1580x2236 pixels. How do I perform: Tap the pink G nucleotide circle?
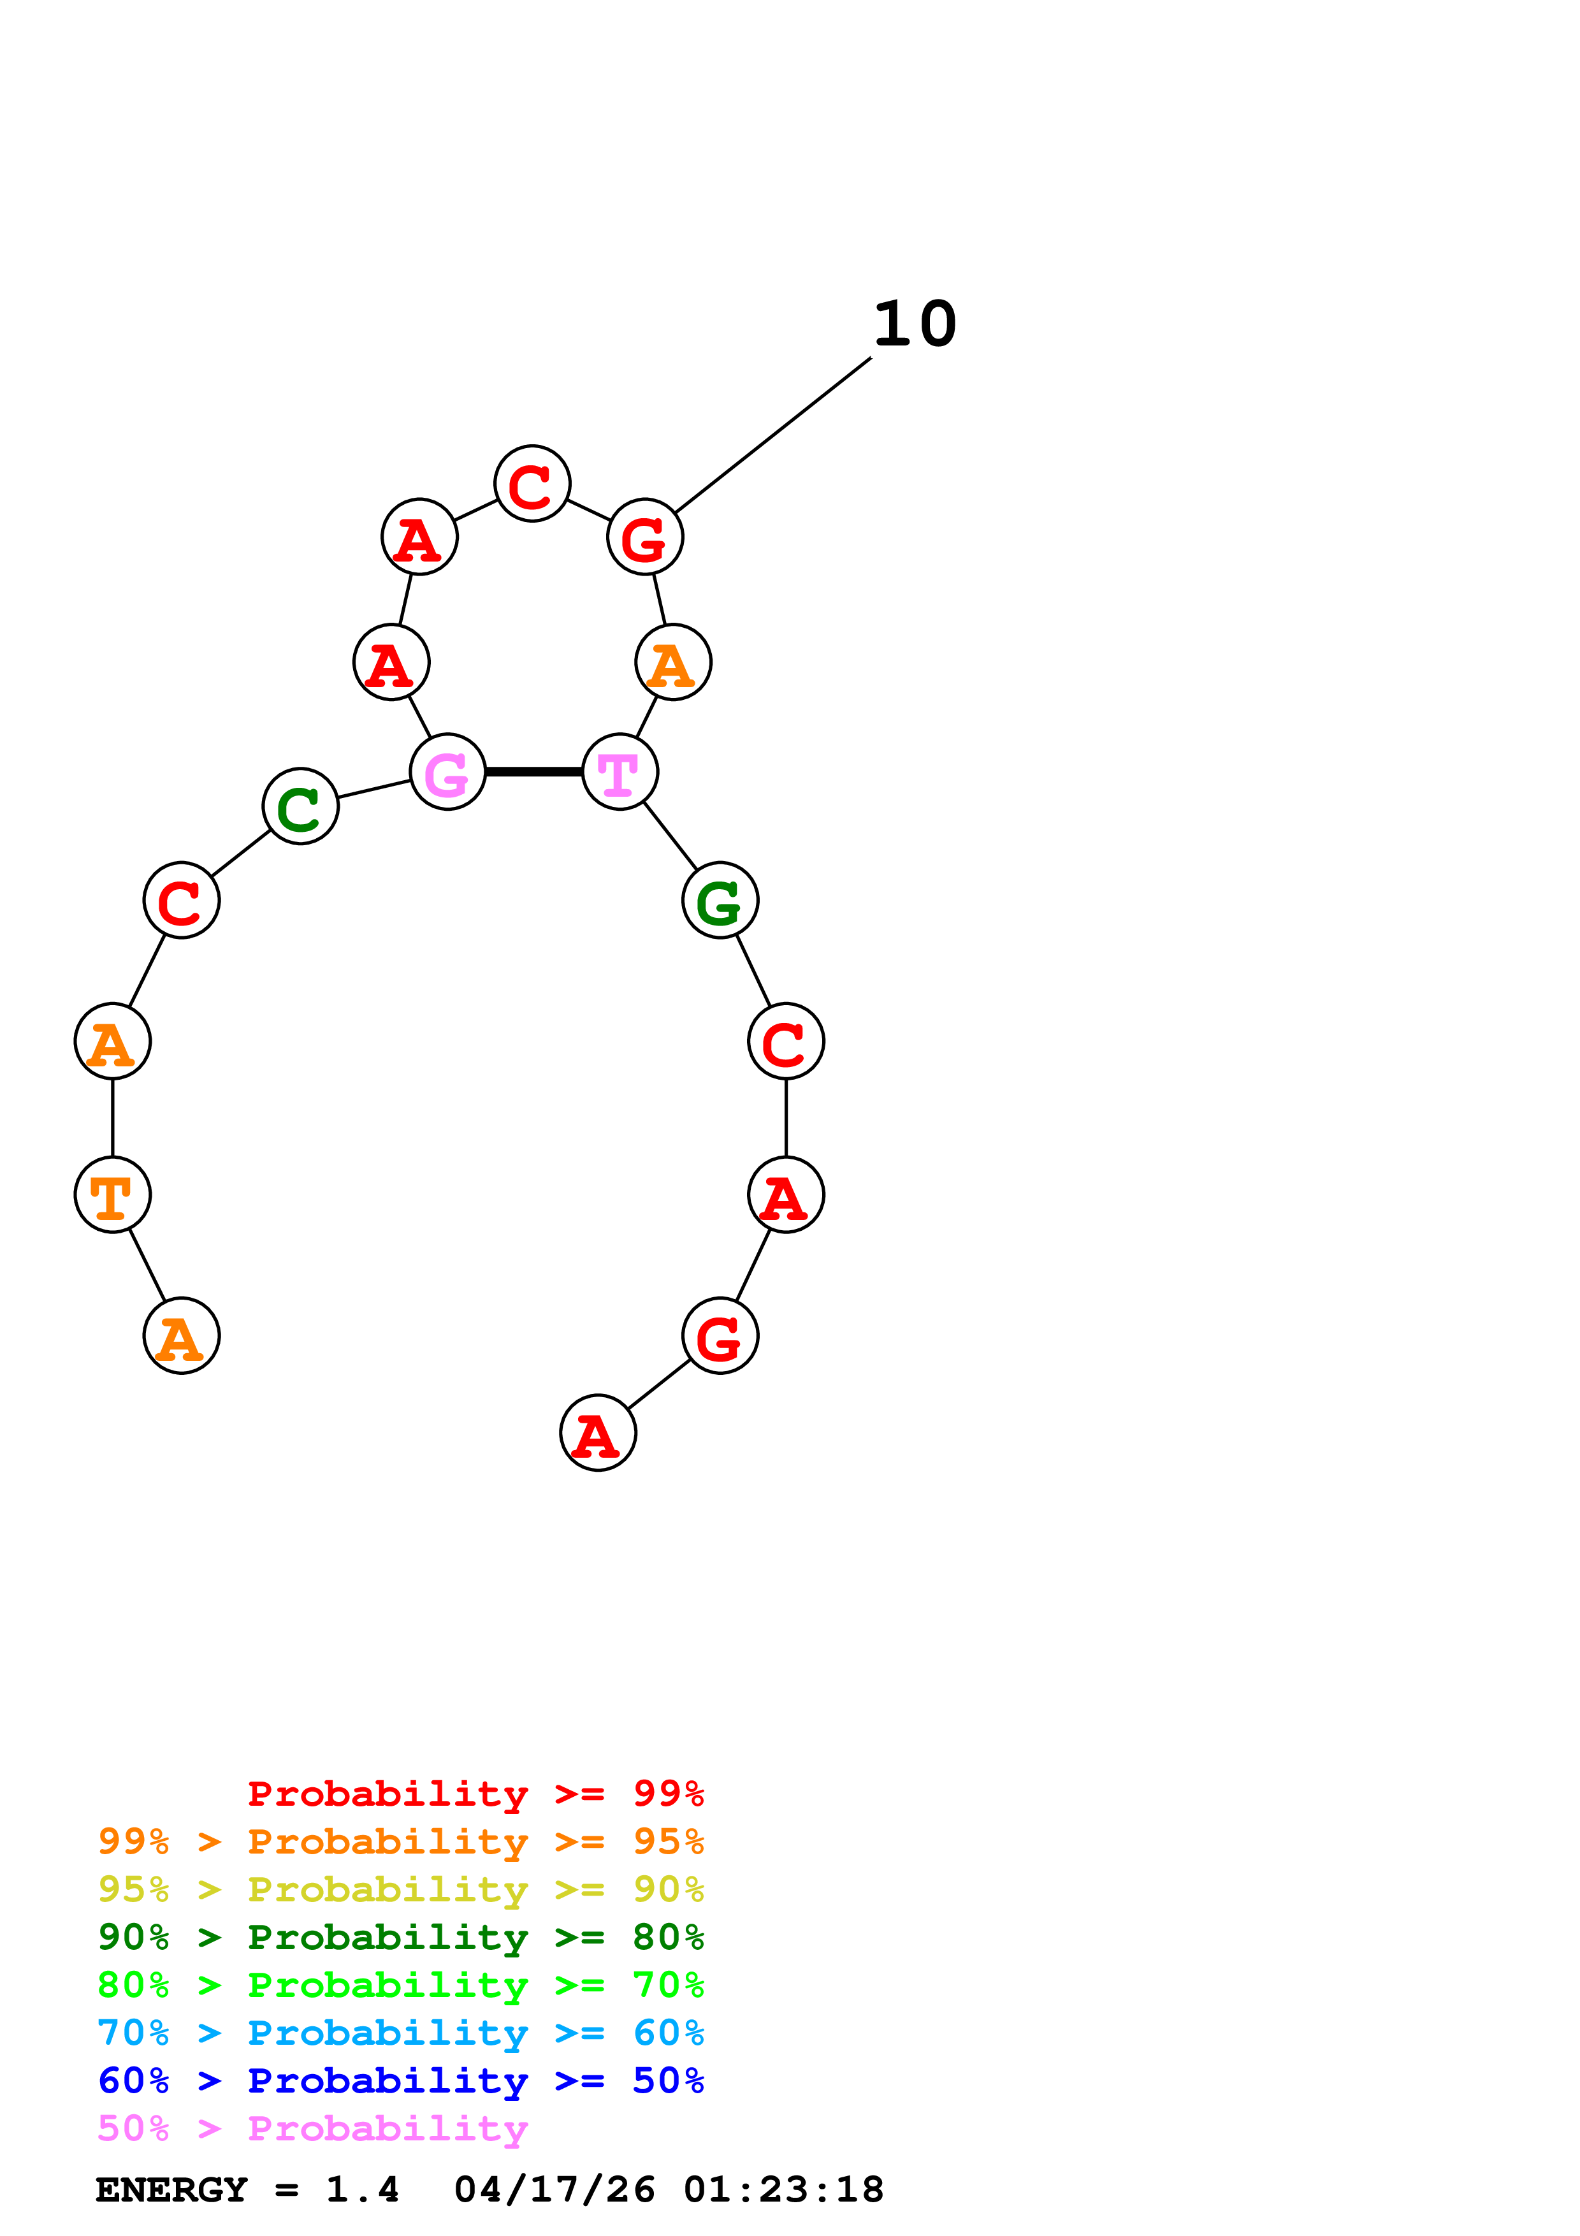coord(448,773)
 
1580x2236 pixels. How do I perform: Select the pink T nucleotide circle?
coord(620,773)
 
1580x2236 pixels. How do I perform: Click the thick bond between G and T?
coord(533,773)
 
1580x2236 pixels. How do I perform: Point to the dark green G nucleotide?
coord(720,900)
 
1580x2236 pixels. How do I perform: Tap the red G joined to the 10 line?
coord(644,537)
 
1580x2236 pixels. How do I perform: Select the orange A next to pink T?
coord(672,662)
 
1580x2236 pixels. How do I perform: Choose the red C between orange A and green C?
coord(182,900)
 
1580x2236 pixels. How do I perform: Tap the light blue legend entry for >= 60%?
coord(400,2033)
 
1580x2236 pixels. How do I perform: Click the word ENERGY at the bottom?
coord(171,2189)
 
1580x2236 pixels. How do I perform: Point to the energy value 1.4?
coord(362,2189)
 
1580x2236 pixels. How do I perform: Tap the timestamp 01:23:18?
coord(784,2189)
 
